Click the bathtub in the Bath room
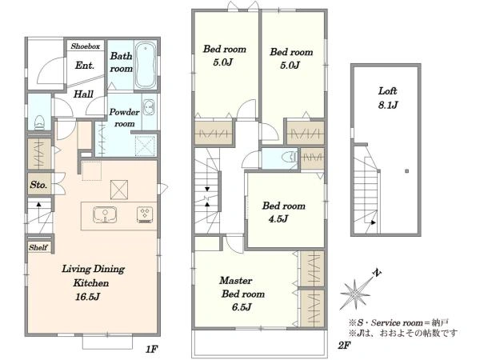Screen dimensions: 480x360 pyautogui.click(x=146, y=66)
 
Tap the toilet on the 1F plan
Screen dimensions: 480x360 pyautogui.click(x=39, y=123)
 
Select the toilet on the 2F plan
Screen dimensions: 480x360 pyautogui.click(x=290, y=157)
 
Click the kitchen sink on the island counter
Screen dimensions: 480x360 pyautogui.click(x=105, y=214)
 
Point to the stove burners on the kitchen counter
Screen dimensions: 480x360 pyautogui.click(x=145, y=214)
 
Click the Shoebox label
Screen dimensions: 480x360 pyautogui.click(x=86, y=46)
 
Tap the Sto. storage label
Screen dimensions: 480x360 pyautogui.click(x=38, y=185)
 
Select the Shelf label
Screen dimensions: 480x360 pyautogui.click(x=38, y=247)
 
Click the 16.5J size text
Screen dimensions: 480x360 pyautogui.click(x=87, y=297)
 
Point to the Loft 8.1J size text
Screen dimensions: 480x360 pyautogui.click(x=388, y=105)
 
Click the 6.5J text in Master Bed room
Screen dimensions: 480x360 pyautogui.click(x=242, y=306)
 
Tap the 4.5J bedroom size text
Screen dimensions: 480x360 pyautogui.click(x=278, y=219)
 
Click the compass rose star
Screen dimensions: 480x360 pyautogui.click(x=355, y=294)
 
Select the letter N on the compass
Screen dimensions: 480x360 pyautogui.click(x=377, y=272)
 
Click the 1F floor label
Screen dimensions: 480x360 pyautogui.click(x=151, y=349)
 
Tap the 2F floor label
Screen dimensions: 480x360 pyautogui.click(x=344, y=346)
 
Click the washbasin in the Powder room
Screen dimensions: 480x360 pyautogui.click(x=149, y=107)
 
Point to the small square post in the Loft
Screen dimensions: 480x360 pyautogui.click(x=407, y=171)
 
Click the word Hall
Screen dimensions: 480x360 pyautogui.click(x=83, y=94)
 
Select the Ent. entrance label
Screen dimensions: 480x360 pyautogui.click(x=85, y=66)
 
